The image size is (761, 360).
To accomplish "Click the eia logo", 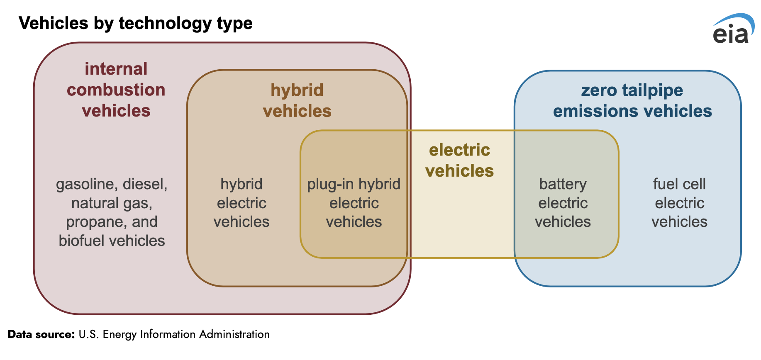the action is pyautogui.click(x=733, y=28).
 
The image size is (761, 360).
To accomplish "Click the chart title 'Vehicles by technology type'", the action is pyautogui.click(x=136, y=23).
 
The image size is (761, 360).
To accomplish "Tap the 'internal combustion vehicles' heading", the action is pyautogui.click(x=116, y=90).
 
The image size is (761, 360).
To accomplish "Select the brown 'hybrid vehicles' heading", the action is pyautogui.click(x=297, y=100).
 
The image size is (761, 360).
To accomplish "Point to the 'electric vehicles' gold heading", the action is pyautogui.click(x=460, y=160).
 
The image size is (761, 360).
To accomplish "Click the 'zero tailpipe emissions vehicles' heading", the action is pyautogui.click(x=632, y=100).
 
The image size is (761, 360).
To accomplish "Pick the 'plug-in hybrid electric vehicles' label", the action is pyautogui.click(x=354, y=203).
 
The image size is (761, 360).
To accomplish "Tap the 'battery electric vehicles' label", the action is pyautogui.click(x=563, y=203).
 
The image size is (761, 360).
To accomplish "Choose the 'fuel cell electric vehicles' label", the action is pyautogui.click(x=679, y=203).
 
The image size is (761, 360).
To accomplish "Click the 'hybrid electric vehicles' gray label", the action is pyautogui.click(x=241, y=203).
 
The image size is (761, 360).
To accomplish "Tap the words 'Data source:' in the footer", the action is pyautogui.click(x=41, y=334).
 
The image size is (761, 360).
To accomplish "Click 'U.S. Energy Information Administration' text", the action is pyautogui.click(x=174, y=334).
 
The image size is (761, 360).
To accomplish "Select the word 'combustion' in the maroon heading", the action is pyautogui.click(x=116, y=90).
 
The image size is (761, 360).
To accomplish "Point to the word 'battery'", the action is pyautogui.click(x=563, y=184).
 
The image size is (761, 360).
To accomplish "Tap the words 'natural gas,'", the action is pyautogui.click(x=112, y=203).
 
